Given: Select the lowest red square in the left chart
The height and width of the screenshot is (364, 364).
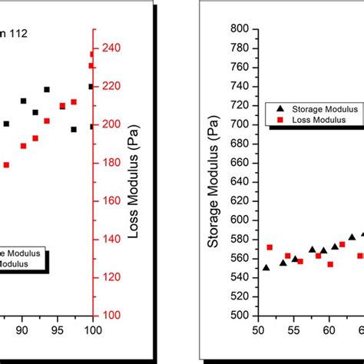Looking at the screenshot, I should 6,164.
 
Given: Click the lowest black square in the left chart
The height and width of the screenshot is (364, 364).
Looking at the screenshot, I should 74,129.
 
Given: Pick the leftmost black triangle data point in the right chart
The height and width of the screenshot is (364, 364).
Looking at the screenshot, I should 266,267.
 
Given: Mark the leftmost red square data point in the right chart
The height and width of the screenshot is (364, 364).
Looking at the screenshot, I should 270,247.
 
